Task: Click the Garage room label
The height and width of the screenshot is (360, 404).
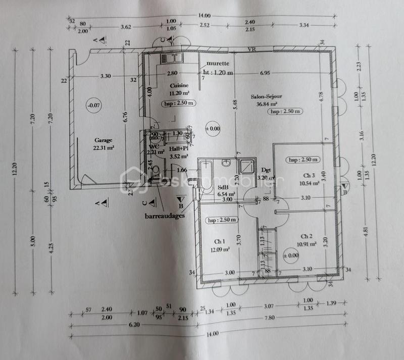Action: (x=103, y=140)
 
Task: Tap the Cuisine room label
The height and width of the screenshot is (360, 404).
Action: (x=179, y=86)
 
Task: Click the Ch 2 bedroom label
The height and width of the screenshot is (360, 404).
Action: (x=307, y=236)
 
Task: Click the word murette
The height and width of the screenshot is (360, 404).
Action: (x=217, y=64)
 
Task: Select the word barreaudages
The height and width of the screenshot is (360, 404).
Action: (x=165, y=215)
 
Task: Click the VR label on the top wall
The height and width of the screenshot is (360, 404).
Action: (x=250, y=49)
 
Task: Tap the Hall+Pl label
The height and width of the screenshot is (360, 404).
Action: (x=178, y=149)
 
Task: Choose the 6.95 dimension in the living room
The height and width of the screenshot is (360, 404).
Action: (x=265, y=73)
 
